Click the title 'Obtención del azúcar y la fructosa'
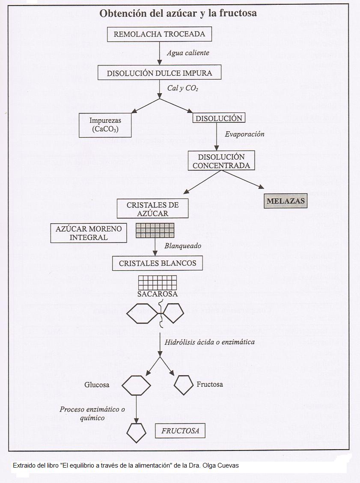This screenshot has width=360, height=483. [178, 13]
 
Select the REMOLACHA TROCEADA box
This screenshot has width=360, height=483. [159, 34]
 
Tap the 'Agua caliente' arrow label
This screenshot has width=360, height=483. [188, 53]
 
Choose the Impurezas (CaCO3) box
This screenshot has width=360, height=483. [104, 125]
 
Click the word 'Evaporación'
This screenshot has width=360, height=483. [244, 134]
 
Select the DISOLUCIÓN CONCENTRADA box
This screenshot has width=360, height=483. [221, 161]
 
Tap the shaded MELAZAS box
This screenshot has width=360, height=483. [286, 201]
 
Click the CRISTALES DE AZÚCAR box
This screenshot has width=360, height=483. [153, 209]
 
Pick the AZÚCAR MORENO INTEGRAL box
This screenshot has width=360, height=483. [89, 232]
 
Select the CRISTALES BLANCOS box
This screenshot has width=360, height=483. [158, 263]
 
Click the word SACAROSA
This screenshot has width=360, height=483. [158, 294]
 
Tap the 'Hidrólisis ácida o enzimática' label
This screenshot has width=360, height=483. [210, 342]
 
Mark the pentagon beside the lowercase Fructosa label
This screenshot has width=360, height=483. [184, 385]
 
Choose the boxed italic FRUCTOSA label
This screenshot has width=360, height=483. [180, 431]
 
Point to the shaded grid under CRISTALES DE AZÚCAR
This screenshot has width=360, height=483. [155, 230]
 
